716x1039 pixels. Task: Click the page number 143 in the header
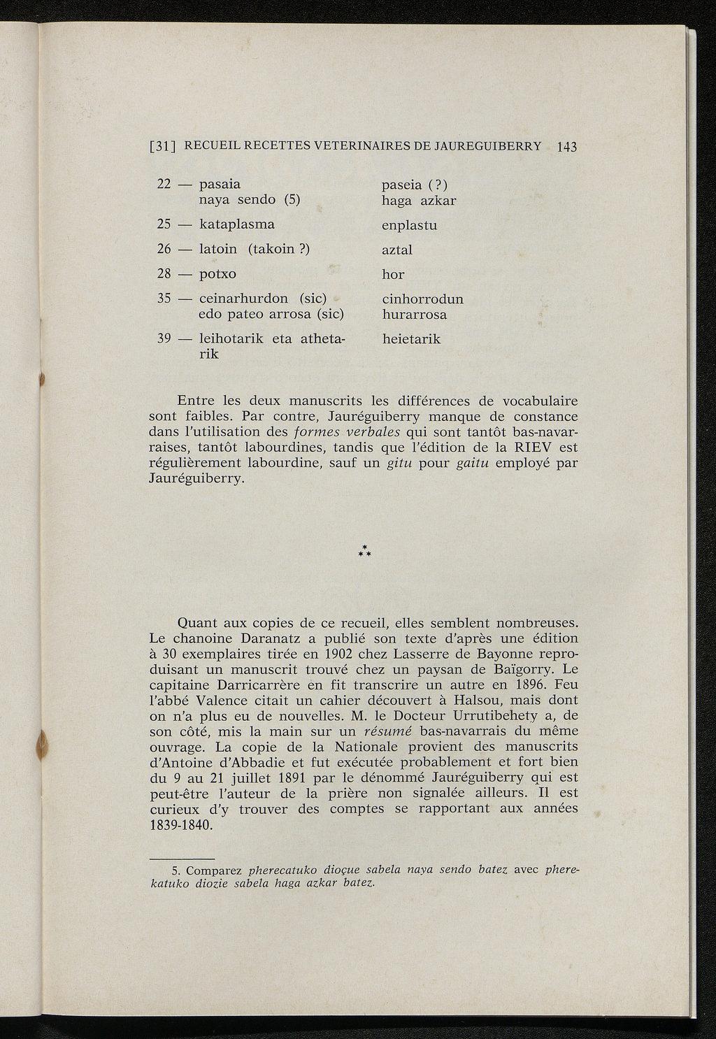(567, 147)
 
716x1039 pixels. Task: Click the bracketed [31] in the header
(164, 146)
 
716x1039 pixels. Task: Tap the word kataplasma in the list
(237, 224)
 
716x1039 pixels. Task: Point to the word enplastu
(409, 226)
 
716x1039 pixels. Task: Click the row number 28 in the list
(164, 273)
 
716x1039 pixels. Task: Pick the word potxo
(217, 273)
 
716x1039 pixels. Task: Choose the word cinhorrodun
(422, 299)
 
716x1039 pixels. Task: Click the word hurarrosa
(415, 315)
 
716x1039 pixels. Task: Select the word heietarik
(411, 339)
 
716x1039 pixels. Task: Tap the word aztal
(397, 250)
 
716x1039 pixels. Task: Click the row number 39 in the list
(164, 339)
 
